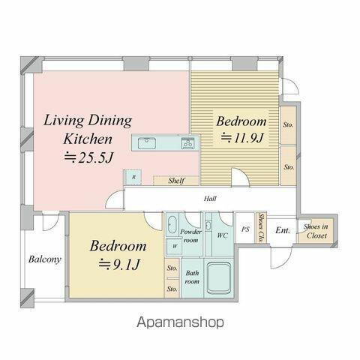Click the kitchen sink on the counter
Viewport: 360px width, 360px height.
coord(145,142)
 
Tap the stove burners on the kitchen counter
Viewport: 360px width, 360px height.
coord(187,142)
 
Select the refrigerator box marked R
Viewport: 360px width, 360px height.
coord(133,177)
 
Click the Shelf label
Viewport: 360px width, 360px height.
coord(176,180)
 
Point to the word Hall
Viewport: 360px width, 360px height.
coord(211,199)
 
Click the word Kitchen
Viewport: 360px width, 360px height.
coord(88,139)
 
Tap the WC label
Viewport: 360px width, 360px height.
coord(222,235)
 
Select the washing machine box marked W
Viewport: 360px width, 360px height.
coord(174,245)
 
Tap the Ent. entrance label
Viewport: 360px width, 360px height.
coord(282,231)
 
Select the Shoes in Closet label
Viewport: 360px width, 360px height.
coord(315,230)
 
